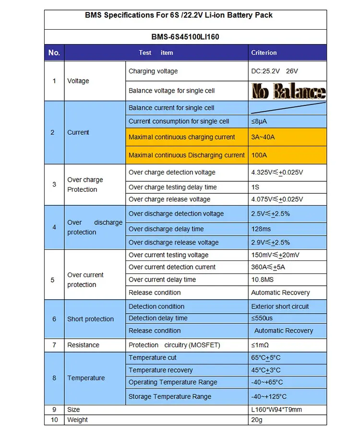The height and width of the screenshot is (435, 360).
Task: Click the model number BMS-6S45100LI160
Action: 185,36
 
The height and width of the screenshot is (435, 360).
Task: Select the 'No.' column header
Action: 54,53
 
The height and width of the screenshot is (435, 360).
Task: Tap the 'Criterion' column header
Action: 264,53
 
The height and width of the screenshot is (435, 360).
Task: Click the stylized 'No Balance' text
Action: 288,91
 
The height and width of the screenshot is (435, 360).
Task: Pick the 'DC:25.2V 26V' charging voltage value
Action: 275,71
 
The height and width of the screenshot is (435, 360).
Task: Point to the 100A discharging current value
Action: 259,155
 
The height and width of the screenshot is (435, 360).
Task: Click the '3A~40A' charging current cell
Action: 263,137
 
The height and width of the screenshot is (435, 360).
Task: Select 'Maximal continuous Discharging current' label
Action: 187,155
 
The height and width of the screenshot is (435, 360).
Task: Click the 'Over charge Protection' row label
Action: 85,185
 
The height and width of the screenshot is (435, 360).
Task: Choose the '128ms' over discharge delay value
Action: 261,229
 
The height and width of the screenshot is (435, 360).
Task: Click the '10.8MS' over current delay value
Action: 263,280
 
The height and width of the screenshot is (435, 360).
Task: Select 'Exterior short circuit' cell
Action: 280,306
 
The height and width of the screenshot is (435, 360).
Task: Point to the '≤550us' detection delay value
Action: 262,318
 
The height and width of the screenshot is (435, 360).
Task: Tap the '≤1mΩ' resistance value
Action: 260,345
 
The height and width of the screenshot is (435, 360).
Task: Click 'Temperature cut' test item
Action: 153,358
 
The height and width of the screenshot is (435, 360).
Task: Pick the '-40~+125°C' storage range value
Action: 269,397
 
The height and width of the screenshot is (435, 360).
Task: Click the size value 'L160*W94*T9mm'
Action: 276,410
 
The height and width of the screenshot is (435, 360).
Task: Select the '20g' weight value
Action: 257,420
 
